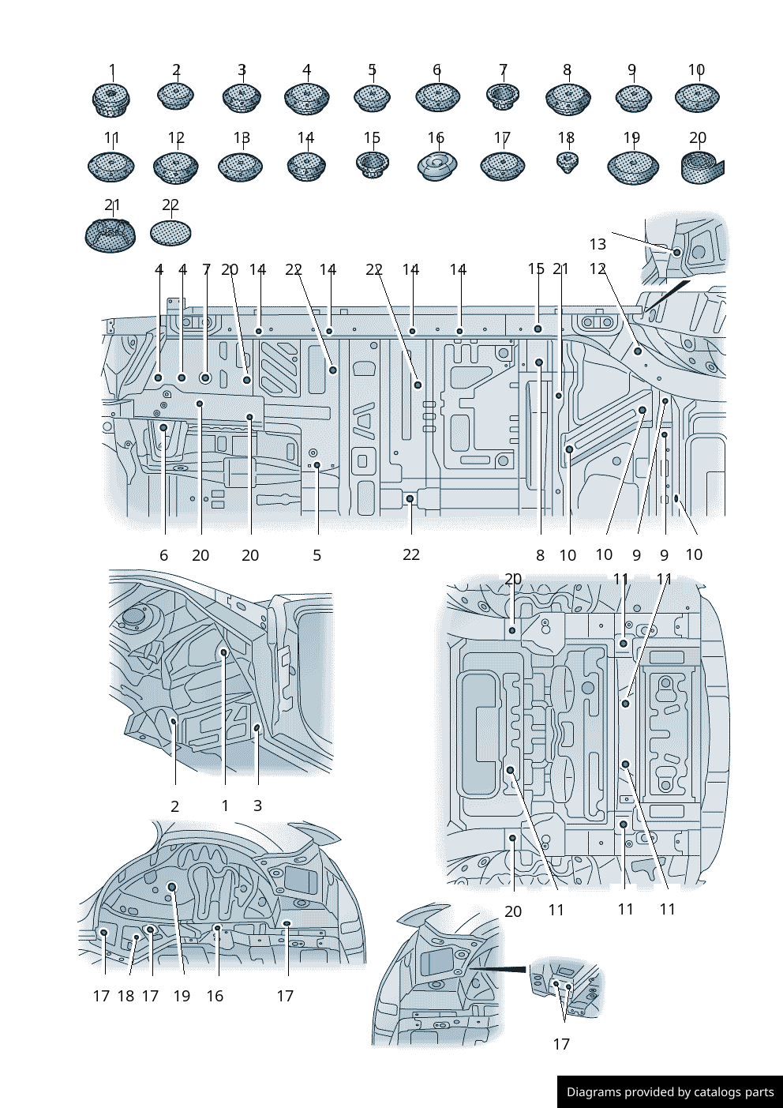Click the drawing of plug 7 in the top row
(x=502, y=97)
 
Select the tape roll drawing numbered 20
(x=701, y=167)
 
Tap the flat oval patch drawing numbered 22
(x=170, y=233)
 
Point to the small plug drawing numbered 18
(x=567, y=163)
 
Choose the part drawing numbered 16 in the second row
(x=436, y=166)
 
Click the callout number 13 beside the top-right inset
(x=598, y=244)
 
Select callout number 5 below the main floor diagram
(x=317, y=555)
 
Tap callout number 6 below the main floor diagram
(x=163, y=555)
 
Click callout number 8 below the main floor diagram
(x=540, y=555)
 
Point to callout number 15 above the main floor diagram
(x=536, y=269)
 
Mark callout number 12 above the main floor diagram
(x=598, y=269)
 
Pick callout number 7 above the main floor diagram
(x=206, y=269)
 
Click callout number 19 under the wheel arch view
(x=182, y=996)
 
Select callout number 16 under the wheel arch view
(x=215, y=996)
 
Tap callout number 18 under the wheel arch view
(x=126, y=996)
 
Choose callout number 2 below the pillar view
(x=174, y=806)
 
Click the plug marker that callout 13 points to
(x=676, y=252)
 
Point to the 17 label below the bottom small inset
(x=561, y=1044)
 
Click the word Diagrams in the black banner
(x=593, y=1092)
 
